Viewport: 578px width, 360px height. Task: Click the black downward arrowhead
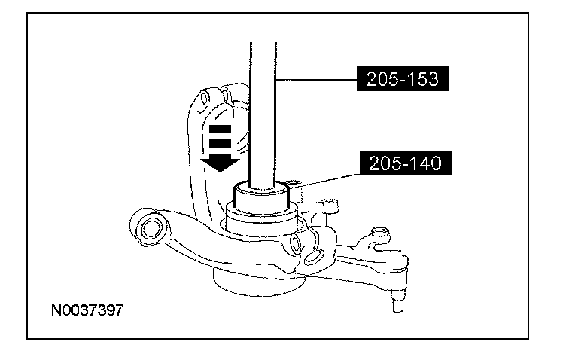pos(219,161)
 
